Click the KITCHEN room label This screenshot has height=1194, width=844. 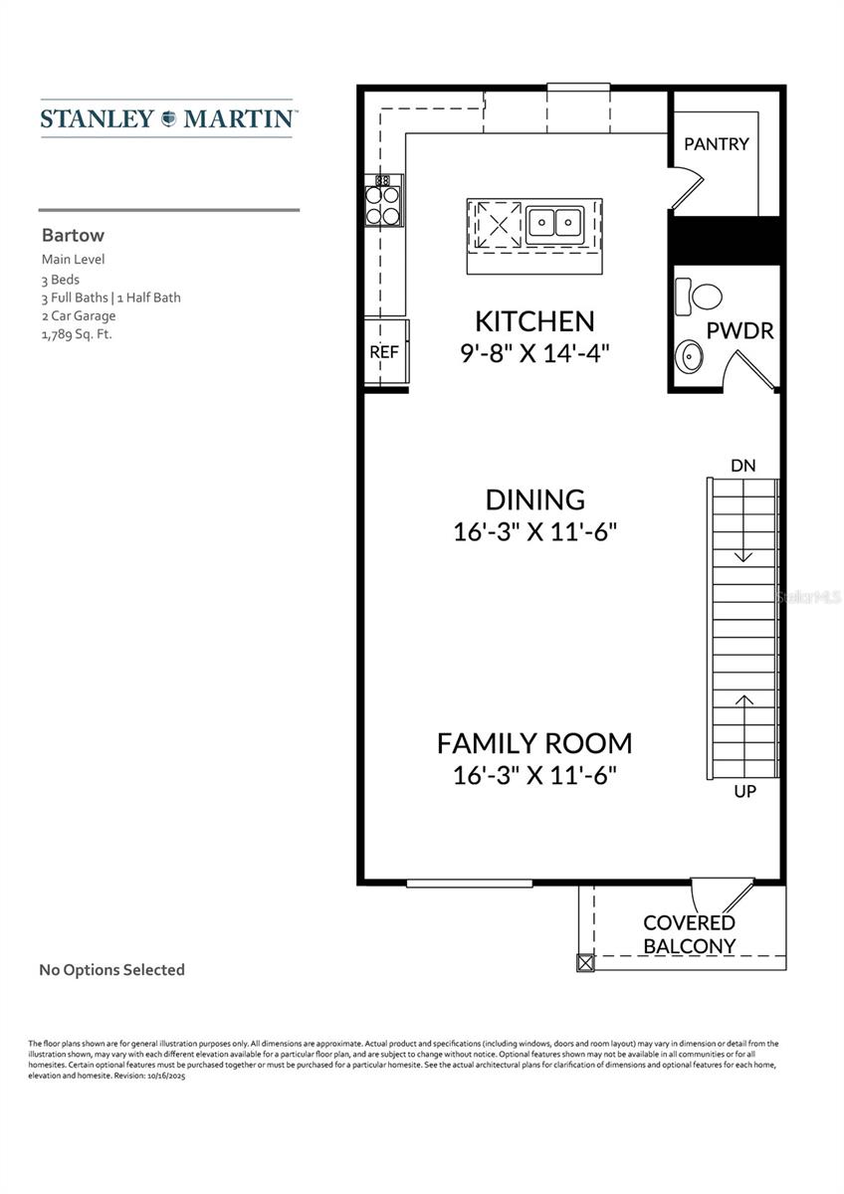534,321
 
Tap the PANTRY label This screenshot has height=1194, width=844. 716,143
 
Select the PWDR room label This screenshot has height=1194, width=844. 739,331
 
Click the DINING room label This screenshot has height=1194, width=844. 534,499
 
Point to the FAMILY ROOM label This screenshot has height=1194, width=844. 534,742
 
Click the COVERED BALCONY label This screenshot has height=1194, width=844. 689,934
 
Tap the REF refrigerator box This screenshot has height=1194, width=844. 384,351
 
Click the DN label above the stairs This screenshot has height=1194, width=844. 742,465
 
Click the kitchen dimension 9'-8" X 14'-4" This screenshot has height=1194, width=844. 534,353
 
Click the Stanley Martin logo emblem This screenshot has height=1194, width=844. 167,118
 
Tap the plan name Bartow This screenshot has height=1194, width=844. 73,237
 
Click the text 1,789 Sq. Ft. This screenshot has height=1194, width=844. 77,334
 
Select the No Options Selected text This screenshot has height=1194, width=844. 111,969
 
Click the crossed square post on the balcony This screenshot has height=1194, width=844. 585,963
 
